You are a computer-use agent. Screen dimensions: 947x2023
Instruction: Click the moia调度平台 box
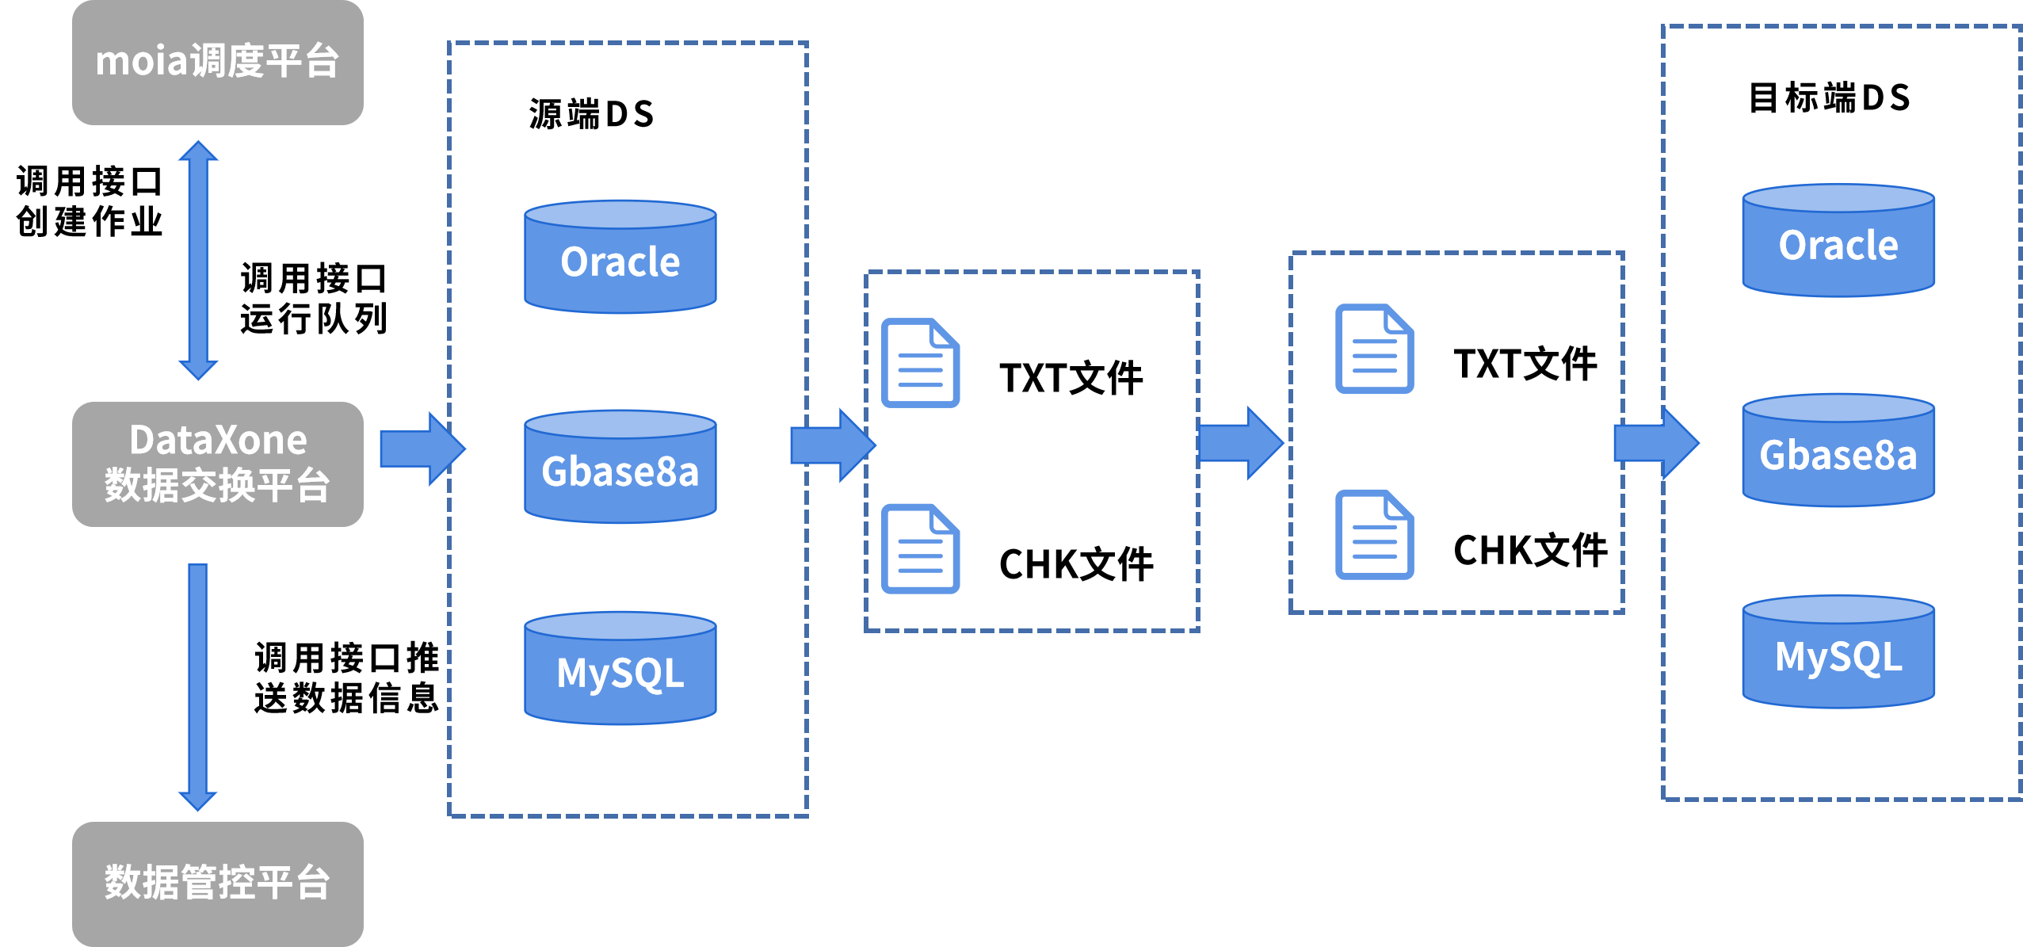pyautogui.click(x=218, y=62)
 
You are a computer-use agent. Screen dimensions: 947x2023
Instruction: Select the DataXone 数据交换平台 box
pyautogui.click(x=218, y=464)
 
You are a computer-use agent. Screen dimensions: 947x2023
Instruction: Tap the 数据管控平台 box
pyautogui.click(x=218, y=883)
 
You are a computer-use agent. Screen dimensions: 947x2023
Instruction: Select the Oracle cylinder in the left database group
pyautogui.click(x=620, y=258)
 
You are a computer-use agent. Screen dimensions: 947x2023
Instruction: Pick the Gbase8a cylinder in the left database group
pyautogui.click(x=620, y=467)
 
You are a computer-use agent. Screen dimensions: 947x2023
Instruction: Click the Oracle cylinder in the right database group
pyautogui.click(x=1838, y=241)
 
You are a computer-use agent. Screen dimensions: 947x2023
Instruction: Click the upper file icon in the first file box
pyautogui.click(x=921, y=363)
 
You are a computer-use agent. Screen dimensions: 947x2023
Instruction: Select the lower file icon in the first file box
pyautogui.click(x=921, y=548)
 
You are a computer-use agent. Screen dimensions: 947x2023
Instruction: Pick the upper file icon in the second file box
pyautogui.click(x=1375, y=349)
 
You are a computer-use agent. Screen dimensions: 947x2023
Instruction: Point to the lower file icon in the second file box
pyautogui.click(x=1375, y=534)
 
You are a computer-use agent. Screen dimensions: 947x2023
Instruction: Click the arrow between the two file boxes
pyautogui.click(x=1240, y=443)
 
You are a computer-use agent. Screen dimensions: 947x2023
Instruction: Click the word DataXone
pyautogui.click(x=218, y=440)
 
